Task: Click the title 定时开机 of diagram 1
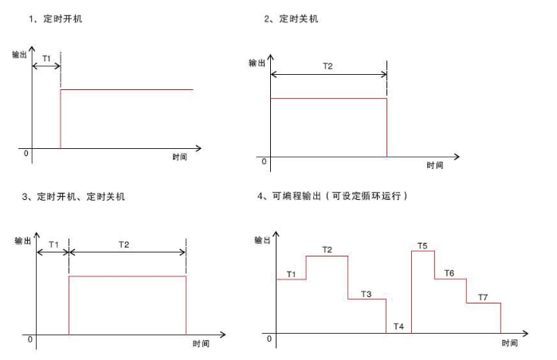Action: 62,18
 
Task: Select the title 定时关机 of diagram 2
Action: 298,18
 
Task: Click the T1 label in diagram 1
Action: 46,58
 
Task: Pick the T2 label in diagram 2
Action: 328,66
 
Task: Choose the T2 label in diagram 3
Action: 124,245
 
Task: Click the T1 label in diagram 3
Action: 53,245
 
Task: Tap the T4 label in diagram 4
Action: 398,327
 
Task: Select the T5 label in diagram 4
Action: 422,245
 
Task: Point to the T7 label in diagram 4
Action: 483,297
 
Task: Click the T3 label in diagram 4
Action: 367,294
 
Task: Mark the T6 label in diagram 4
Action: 449,273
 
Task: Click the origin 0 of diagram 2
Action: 264,162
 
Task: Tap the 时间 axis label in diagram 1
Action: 180,157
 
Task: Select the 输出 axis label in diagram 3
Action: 23,241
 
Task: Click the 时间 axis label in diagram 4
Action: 510,342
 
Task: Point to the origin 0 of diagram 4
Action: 269,338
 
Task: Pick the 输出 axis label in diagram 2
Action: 257,63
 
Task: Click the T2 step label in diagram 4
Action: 328,249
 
